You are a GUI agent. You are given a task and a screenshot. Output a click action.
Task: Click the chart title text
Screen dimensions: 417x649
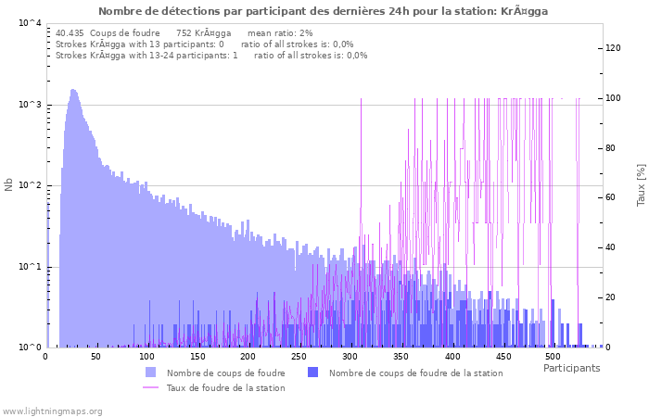click(323, 11)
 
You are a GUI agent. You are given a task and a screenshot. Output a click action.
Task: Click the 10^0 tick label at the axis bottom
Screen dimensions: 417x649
click(30, 348)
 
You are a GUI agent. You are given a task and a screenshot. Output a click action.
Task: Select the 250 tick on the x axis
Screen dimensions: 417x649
click(299, 357)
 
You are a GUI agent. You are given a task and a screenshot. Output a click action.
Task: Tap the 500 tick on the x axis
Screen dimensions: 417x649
click(553, 357)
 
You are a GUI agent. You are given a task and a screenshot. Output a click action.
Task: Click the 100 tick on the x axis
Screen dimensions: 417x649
click(146, 357)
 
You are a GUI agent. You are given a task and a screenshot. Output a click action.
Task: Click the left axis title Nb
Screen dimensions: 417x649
click(9, 185)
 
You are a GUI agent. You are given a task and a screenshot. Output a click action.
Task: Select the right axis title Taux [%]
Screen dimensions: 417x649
click(641, 185)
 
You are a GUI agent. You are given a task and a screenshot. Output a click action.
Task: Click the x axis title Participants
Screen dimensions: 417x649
click(571, 369)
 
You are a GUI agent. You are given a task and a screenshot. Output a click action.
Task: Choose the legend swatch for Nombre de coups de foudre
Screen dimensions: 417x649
click(150, 373)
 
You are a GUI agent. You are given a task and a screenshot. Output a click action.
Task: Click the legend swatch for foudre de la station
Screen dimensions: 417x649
click(312, 373)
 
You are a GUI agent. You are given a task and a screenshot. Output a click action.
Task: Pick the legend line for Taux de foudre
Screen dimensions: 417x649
click(150, 387)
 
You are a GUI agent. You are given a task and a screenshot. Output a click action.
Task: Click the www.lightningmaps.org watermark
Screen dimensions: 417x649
click(53, 411)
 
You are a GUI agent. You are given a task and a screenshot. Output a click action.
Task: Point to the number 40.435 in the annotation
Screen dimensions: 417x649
click(70, 32)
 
